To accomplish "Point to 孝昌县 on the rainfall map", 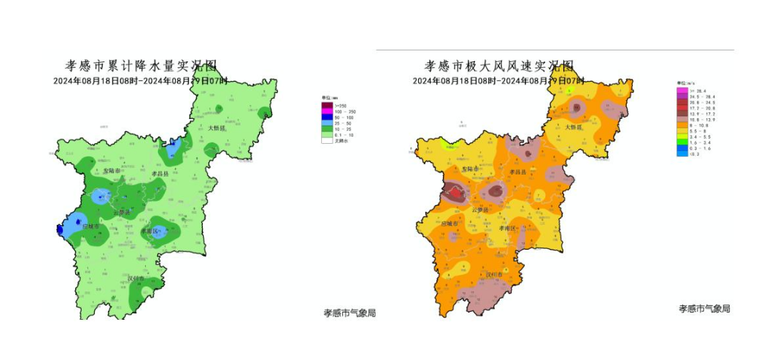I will click(161, 175).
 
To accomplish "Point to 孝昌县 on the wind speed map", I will click(520, 172).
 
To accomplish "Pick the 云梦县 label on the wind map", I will click(480, 210).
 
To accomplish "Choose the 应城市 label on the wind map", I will click(450, 223).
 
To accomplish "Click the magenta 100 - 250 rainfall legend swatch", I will click(326, 112).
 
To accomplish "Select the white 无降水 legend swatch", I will click(326, 140).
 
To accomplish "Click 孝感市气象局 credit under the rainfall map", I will click(350, 313).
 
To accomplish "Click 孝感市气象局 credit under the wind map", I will click(704, 309).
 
